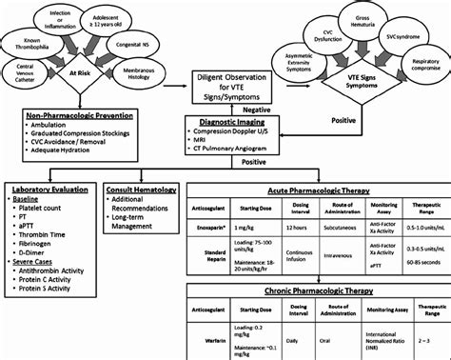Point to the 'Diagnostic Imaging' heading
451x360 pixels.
click(x=226, y=123)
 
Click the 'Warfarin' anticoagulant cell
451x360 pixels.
click(x=221, y=336)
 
